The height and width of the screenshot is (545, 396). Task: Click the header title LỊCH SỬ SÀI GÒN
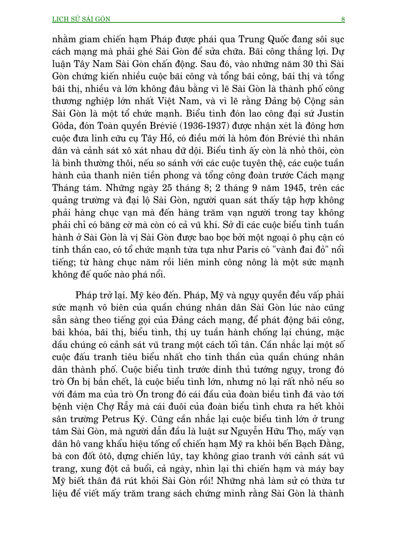81,19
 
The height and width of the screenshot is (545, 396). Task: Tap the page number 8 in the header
343,19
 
